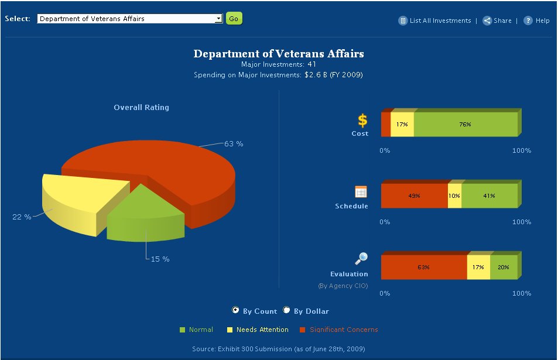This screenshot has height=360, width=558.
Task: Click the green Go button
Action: [x=234, y=19]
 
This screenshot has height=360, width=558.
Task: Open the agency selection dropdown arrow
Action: [x=219, y=19]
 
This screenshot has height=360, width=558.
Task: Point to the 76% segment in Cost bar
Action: [x=465, y=125]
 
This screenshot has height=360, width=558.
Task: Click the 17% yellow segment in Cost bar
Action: [x=402, y=125]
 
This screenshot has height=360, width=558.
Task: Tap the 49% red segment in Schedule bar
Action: [x=414, y=196]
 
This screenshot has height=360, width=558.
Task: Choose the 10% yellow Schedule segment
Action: [x=454, y=196]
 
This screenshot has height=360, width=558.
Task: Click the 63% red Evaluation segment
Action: [x=423, y=268]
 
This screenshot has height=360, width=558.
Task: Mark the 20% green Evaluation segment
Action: [x=504, y=268]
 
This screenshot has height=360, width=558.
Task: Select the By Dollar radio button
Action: [x=287, y=310]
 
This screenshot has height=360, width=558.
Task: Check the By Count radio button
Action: [x=236, y=310]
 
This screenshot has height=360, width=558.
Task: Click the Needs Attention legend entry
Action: [x=262, y=330]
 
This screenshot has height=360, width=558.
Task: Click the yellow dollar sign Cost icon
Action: [x=363, y=121]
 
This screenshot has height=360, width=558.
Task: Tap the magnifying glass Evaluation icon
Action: [x=361, y=259]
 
